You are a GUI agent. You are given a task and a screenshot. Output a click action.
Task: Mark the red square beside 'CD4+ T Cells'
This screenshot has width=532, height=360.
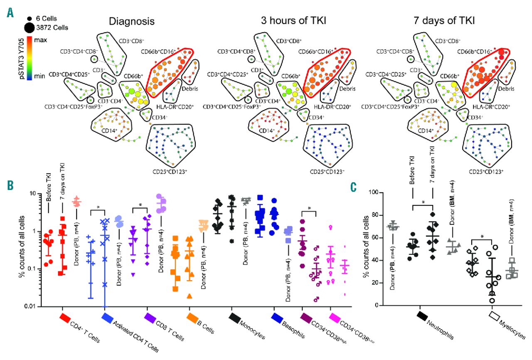[x=65, y=318]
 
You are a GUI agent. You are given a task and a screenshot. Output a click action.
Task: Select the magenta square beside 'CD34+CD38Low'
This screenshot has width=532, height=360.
[x=333, y=317]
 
